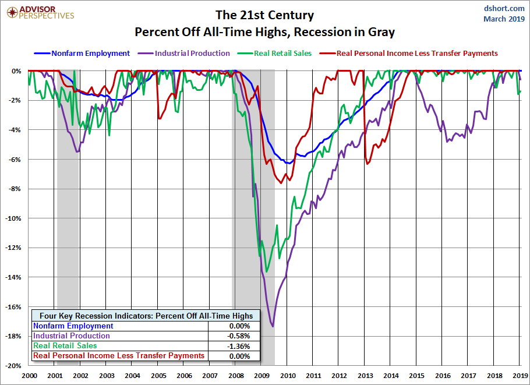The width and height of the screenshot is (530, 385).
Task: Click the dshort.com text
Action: (x=504, y=8)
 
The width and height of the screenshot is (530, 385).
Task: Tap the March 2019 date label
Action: (x=504, y=19)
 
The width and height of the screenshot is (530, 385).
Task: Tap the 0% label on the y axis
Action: (x=16, y=71)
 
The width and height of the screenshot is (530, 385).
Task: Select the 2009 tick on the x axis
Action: (x=262, y=376)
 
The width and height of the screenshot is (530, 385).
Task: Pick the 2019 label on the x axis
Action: (x=520, y=376)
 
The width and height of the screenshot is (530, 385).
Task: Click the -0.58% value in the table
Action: (x=239, y=336)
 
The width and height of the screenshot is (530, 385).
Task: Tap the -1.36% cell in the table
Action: (x=239, y=346)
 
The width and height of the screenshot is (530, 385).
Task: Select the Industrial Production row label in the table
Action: (x=72, y=336)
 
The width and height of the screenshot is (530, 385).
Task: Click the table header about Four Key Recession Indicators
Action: (x=146, y=316)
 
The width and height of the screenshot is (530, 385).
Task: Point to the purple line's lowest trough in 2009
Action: (x=273, y=326)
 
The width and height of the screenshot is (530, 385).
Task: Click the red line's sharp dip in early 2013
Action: (x=368, y=164)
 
